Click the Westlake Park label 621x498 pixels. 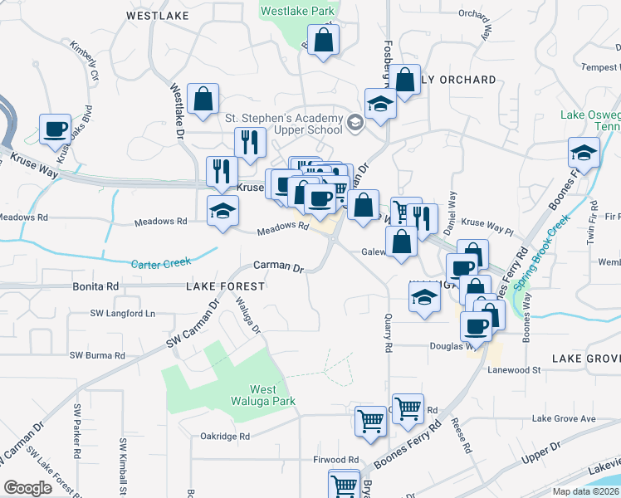[x=296, y=12]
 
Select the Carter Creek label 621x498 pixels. [x=161, y=264]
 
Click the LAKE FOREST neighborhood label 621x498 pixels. [x=225, y=286]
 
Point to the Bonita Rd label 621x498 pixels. [x=95, y=286]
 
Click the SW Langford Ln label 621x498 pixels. [x=123, y=314]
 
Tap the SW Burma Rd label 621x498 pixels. [x=97, y=355]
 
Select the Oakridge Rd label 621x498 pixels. [x=225, y=436]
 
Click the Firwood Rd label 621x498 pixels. [x=335, y=459]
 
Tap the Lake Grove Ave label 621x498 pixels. [x=565, y=419]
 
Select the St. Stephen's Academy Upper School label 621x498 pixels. [x=284, y=124]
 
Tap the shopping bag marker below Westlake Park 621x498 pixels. [x=324, y=40]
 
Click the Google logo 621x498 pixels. [x=28, y=488]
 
